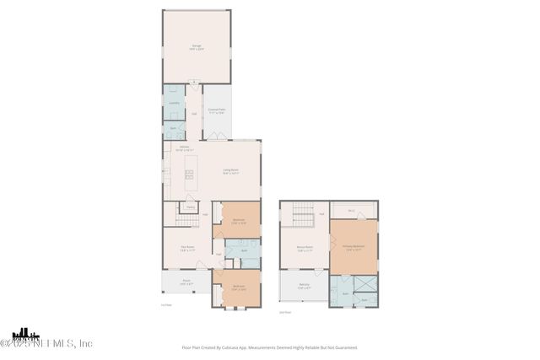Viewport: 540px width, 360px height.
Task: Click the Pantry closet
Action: click(x=191, y=207)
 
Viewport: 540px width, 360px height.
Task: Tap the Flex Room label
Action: click(x=188, y=249)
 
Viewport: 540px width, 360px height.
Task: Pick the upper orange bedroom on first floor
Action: click(x=238, y=221)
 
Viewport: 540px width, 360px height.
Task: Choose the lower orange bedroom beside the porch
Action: click(x=238, y=287)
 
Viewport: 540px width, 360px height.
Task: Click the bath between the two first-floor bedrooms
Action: click(x=243, y=251)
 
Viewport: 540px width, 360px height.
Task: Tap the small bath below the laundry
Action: click(x=173, y=128)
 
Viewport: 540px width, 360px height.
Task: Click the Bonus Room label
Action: click(x=305, y=249)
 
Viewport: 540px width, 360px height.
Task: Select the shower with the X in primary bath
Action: click(x=365, y=286)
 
